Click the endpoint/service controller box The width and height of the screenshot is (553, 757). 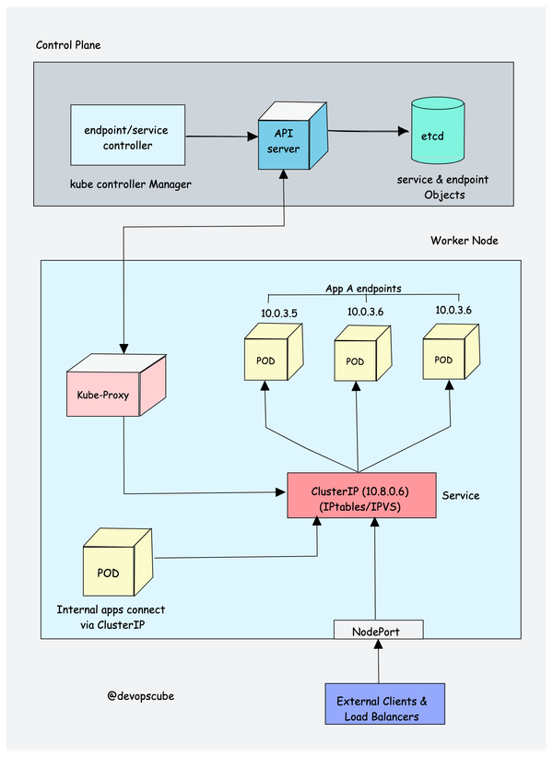click(127, 137)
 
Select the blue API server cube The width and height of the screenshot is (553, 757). click(285, 137)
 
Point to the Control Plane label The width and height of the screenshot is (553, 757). click(69, 45)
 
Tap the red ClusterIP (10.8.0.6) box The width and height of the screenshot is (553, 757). click(361, 494)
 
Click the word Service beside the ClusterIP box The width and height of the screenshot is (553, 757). click(461, 495)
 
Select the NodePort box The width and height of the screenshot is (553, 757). click(376, 631)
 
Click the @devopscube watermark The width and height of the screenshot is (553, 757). click(139, 696)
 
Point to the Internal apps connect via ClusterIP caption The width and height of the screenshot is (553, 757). click(111, 618)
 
